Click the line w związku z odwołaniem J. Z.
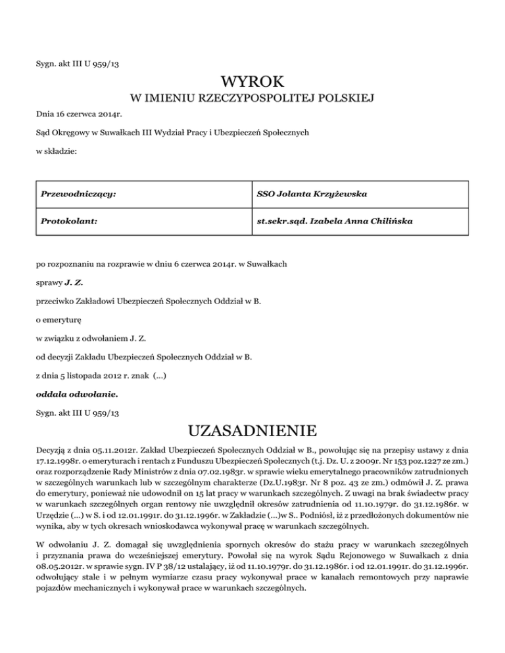pos(91,339)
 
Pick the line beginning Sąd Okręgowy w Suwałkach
pos(172,132)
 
